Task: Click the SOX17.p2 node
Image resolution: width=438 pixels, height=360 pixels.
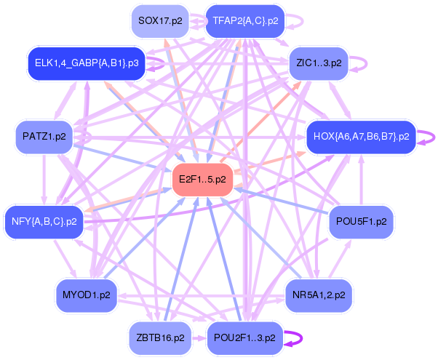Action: [160, 21]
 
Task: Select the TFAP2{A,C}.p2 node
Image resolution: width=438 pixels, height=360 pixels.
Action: [245, 21]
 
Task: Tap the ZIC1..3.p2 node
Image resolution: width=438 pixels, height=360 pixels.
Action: [319, 63]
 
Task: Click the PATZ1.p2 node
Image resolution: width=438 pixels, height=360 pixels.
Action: [44, 136]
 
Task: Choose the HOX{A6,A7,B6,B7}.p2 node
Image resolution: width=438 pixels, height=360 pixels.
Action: [360, 136]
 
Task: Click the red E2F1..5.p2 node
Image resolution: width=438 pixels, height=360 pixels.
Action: [202, 179]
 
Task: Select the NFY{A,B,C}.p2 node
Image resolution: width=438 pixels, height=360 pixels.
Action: [44, 220]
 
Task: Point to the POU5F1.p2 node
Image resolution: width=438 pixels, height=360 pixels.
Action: [361, 220]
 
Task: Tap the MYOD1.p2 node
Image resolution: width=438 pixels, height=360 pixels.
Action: [85, 295]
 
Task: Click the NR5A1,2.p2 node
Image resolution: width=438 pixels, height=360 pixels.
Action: [319, 295]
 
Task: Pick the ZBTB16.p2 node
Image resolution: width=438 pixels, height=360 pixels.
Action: [160, 337]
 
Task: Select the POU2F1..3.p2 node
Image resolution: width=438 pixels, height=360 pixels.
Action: [245, 337]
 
